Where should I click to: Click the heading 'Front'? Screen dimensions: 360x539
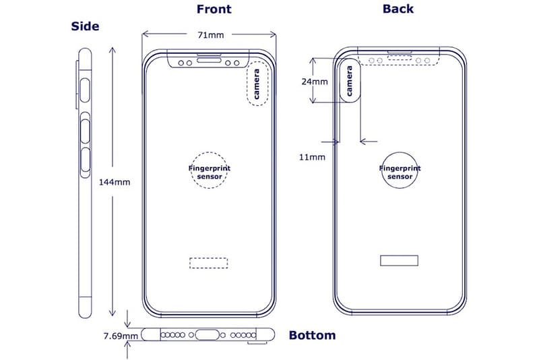[x=214, y=9]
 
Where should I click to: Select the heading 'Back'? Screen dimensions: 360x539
[x=398, y=9]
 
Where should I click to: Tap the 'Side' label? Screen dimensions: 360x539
[x=85, y=27]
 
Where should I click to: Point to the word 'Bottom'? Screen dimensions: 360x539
[x=312, y=334]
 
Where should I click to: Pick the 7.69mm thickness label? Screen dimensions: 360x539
[x=122, y=334]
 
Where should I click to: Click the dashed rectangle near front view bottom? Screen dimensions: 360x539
[x=208, y=262]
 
